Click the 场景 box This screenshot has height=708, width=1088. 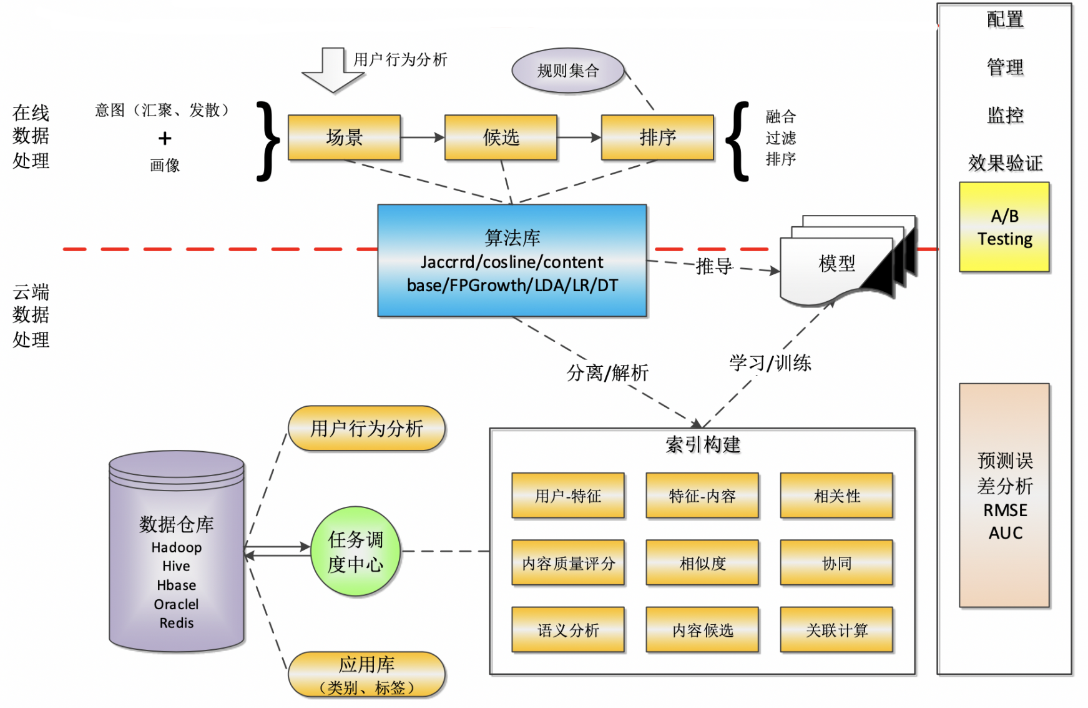(344, 137)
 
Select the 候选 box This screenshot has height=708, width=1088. (501, 137)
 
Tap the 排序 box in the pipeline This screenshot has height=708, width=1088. (657, 137)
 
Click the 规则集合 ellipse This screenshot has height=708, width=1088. (568, 71)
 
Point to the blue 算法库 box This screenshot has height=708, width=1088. (512, 261)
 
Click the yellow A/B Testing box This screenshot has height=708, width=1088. (1004, 227)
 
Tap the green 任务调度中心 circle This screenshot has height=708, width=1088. (355, 551)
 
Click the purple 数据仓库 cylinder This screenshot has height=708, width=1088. (177, 550)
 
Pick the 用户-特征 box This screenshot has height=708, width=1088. (568, 496)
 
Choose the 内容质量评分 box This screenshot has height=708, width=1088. (568, 563)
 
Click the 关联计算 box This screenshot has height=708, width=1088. (836, 630)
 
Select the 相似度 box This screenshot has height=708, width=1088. (702, 563)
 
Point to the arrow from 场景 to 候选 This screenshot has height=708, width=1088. (423, 137)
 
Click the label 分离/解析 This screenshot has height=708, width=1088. (607, 373)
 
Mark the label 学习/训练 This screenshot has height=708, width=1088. (770, 363)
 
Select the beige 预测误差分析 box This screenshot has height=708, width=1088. (1004, 496)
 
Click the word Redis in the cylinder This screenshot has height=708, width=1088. (177, 623)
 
